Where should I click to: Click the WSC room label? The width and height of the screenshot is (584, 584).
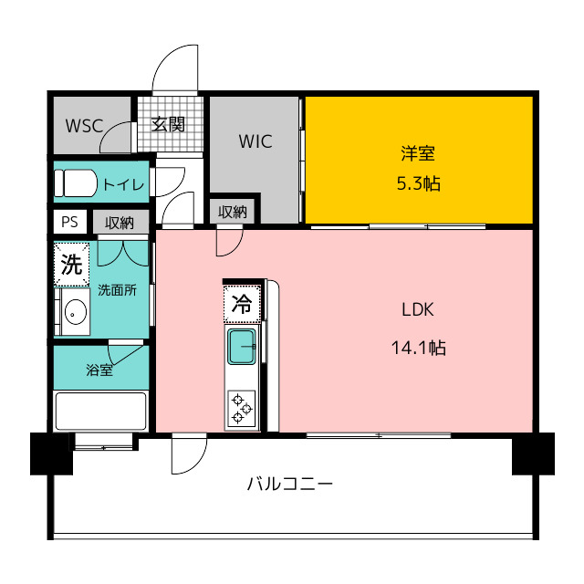84,125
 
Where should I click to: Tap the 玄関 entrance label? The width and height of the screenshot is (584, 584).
168,124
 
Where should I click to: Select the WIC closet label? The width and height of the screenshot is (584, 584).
255,141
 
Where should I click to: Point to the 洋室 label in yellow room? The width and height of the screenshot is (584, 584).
418,152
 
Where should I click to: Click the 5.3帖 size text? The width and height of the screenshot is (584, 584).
418,183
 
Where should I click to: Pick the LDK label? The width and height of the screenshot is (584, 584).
418,308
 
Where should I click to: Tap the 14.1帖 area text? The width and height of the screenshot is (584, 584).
418,347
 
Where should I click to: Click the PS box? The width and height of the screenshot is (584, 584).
69,222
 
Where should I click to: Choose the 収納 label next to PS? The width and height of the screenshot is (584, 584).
120,222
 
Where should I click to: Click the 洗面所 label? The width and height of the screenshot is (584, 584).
117,291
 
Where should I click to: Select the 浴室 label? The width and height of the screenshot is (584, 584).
99,370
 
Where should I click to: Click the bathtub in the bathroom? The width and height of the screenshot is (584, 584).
100,411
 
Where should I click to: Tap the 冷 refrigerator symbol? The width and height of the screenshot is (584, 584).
242,303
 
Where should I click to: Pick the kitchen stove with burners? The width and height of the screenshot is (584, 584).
242,408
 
